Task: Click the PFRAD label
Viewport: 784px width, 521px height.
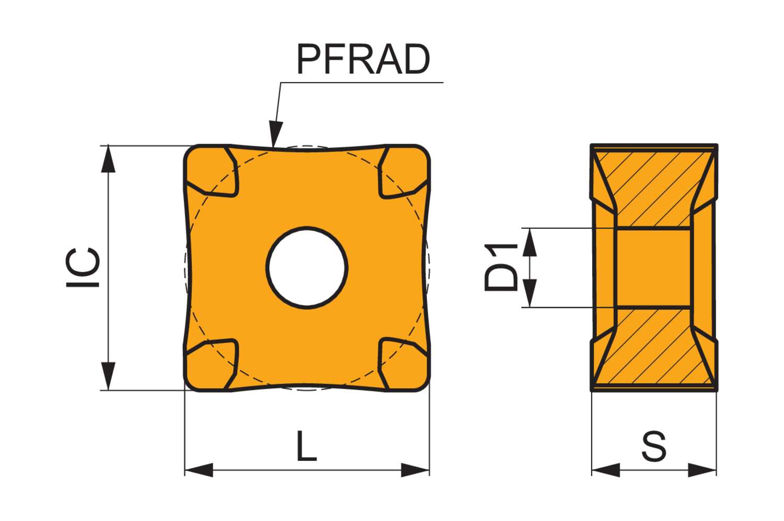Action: (363, 59)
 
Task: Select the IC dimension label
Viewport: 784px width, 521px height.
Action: (83, 268)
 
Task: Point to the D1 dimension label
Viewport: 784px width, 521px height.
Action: (501, 268)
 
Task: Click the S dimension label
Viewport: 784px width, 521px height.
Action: (654, 446)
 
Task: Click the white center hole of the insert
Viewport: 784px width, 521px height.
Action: (307, 268)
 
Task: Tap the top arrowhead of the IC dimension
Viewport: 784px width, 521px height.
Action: (108, 159)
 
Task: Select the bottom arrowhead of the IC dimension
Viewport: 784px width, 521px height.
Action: (108, 376)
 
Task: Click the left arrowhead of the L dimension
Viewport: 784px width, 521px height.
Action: (199, 470)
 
